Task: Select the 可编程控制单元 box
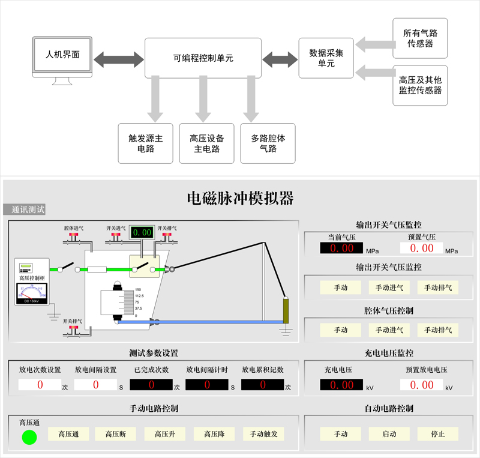tap(203, 58)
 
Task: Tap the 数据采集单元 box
tap(326, 58)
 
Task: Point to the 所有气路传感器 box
tap(420, 38)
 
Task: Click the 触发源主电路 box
tap(146, 143)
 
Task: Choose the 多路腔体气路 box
tap(268, 143)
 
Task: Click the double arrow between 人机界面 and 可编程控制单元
tap(119, 59)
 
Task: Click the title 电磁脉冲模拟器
tap(240, 197)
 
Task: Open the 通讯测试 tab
tap(25, 209)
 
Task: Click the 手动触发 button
tap(263, 433)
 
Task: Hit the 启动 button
tap(389, 433)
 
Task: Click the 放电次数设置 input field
tap(40, 385)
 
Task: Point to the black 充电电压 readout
tap(341, 385)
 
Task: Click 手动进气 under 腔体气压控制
tap(389, 330)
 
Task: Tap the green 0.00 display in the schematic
tap(142, 232)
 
